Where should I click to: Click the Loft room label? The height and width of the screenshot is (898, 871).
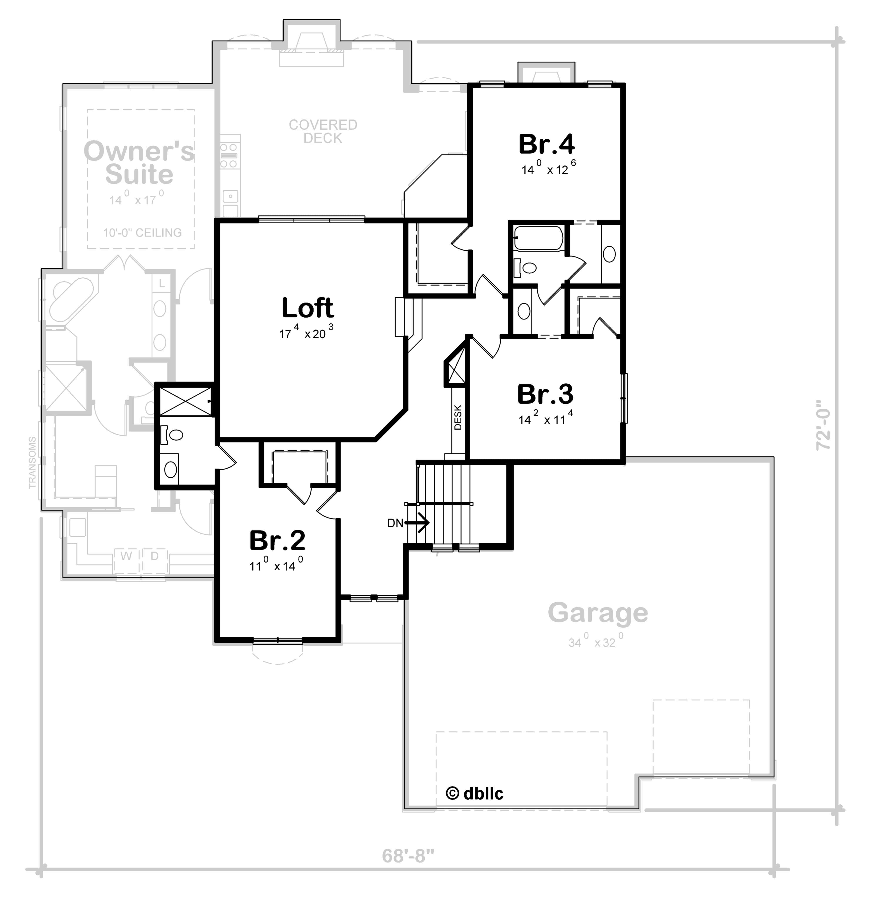307,308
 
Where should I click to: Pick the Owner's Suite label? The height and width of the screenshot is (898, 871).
139,163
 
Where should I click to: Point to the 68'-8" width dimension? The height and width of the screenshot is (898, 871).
408,855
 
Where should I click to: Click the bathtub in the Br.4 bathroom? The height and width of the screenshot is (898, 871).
538,238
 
